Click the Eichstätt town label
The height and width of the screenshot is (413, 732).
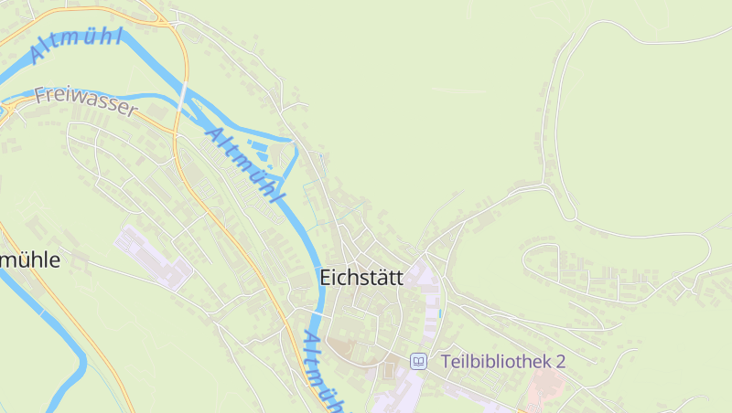point(361,277)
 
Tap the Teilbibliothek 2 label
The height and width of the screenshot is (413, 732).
point(502,361)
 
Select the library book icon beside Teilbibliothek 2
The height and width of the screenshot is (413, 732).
point(418,361)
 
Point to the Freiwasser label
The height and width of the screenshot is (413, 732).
point(85,101)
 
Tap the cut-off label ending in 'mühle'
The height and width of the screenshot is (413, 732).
point(29,260)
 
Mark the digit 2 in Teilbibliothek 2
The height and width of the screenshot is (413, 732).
point(560,361)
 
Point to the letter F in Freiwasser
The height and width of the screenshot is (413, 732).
point(40,94)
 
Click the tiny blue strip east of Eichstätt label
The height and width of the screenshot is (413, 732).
point(440,312)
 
